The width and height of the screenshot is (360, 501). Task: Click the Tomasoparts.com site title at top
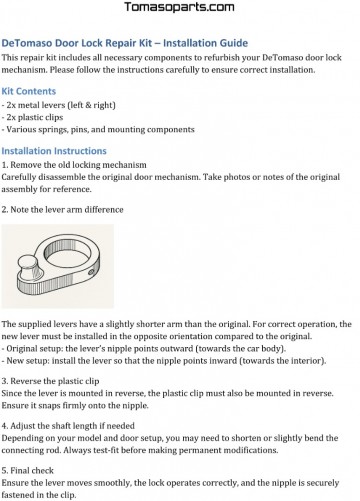[179, 9]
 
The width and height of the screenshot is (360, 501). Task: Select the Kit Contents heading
[32, 91]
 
